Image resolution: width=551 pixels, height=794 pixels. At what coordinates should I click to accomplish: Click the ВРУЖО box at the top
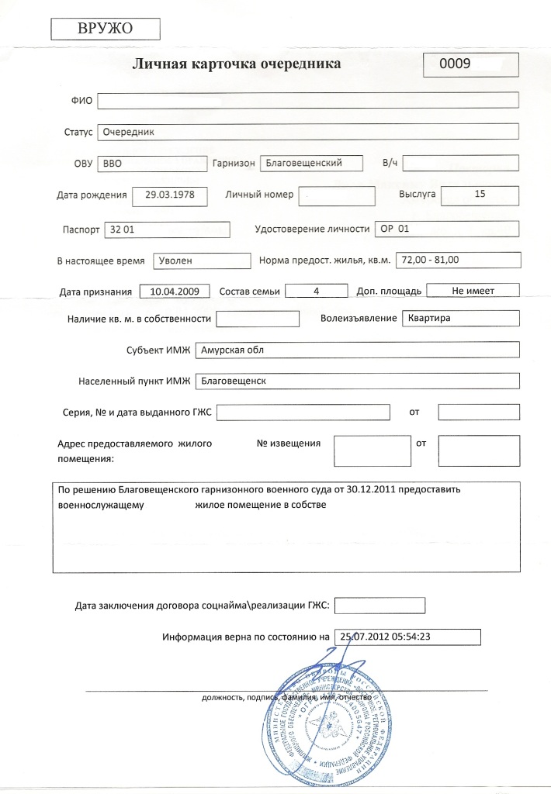[x=105, y=29]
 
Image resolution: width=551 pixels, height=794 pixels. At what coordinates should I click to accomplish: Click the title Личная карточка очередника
[x=237, y=65]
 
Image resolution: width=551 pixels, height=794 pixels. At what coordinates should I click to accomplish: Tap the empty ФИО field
[x=307, y=100]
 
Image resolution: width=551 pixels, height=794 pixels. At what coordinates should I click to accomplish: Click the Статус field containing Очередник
[x=307, y=132]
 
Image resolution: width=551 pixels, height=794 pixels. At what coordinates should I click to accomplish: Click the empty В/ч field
[x=461, y=164]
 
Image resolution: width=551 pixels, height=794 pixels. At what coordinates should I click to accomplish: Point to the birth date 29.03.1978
[x=170, y=195]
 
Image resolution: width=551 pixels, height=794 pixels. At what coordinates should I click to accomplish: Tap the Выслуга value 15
[x=479, y=195]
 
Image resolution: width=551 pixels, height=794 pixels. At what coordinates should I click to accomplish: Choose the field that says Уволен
[x=202, y=261]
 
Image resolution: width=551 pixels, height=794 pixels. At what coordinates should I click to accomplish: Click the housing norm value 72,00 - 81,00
[x=457, y=260]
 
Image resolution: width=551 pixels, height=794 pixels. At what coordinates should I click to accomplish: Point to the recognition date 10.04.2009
[x=175, y=292]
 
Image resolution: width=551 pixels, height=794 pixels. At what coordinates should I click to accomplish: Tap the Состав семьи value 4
[x=316, y=291]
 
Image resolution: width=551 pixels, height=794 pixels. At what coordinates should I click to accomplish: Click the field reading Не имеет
[x=473, y=291]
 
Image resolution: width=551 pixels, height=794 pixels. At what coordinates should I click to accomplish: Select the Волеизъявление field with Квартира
[x=459, y=319]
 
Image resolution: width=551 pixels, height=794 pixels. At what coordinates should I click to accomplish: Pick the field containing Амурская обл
[x=357, y=350]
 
